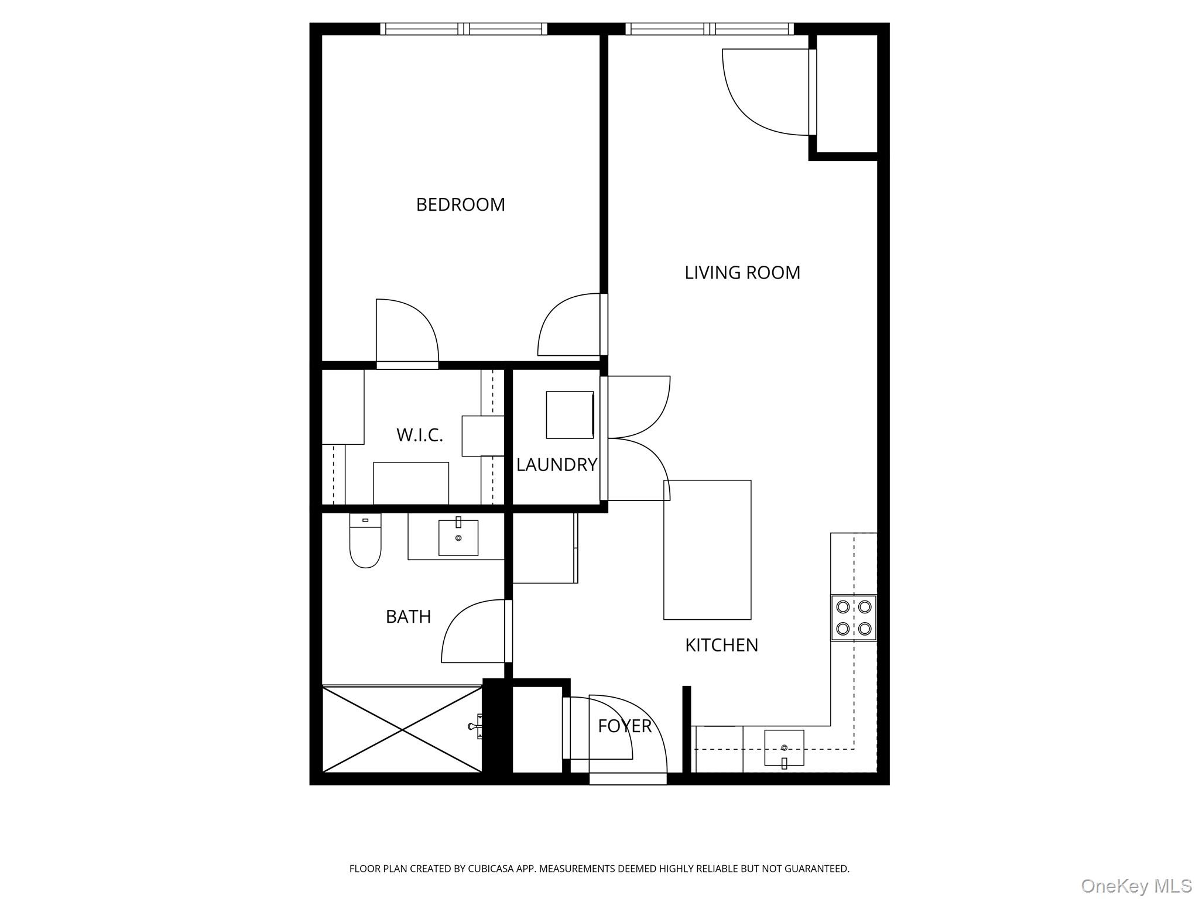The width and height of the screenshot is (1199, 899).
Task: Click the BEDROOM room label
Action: [460, 204]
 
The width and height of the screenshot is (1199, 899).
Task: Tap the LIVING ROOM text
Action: [742, 273]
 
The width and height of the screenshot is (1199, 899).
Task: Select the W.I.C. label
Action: [419, 435]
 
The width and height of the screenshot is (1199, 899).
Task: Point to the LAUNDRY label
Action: [556, 465]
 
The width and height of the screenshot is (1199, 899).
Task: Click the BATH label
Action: [408, 616]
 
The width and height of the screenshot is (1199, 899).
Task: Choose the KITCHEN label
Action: [721, 645]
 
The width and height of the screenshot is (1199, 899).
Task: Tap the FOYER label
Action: [624, 726]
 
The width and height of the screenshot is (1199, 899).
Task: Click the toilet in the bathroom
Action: [365, 541]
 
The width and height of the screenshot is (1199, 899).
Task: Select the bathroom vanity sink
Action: [458, 537]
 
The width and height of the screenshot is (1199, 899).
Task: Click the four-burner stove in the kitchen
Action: [854, 617]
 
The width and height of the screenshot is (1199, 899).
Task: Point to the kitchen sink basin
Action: [784, 747]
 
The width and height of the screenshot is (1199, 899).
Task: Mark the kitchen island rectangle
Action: [707, 549]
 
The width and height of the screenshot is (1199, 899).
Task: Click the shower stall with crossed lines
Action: [402, 729]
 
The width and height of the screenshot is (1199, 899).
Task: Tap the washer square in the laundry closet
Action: [570, 414]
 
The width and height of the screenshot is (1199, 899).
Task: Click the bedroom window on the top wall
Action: [464, 29]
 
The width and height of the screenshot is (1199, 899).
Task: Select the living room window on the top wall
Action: [710, 29]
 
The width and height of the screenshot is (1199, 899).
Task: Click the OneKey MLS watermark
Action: [1136, 886]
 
